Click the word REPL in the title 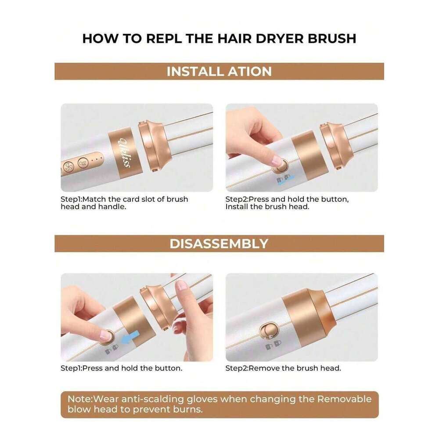click(x=163, y=38)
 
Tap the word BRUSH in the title click(x=332, y=38)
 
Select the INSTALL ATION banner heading click(x=219, y=72)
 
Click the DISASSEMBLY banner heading click(x=219, y=244)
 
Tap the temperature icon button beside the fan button click(x=83, y=163)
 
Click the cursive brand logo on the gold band click(x=125, y=152)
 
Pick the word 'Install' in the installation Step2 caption click(x=236, y=207)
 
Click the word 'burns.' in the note click(x=188, y=409)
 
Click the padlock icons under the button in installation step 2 click(x=283, y=179)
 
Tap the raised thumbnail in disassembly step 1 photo click(x=181, y=286)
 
